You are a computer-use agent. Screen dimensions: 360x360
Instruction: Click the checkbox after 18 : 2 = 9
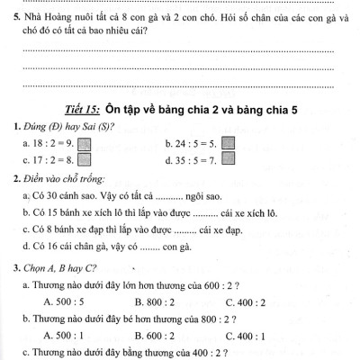click(x=85, y=143)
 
